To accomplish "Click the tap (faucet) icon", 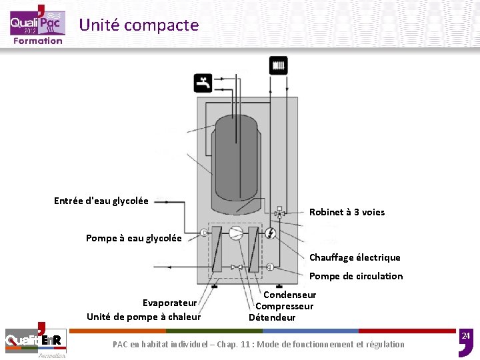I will pos(203,83).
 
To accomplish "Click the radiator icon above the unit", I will pos(279,65).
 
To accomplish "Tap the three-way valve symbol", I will pos(279,214).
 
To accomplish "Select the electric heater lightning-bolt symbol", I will pos(270,233).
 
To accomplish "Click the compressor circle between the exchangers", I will pos(236,233).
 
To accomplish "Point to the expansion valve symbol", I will pos(236,267).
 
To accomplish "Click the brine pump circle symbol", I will pos(203,233).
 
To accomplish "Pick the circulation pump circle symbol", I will pos(270,267).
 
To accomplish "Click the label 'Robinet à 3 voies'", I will pos(347,212).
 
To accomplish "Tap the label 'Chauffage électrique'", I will pos(355,257).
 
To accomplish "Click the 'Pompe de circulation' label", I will pos(356,276).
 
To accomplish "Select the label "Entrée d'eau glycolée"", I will pos(101,201).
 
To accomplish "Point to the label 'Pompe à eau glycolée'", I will pos(133,238).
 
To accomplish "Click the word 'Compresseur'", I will pos(284,306).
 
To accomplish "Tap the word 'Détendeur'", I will pos(272,317).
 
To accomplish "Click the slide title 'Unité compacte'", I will pos(139,25).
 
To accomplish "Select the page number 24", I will pos(466,335).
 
